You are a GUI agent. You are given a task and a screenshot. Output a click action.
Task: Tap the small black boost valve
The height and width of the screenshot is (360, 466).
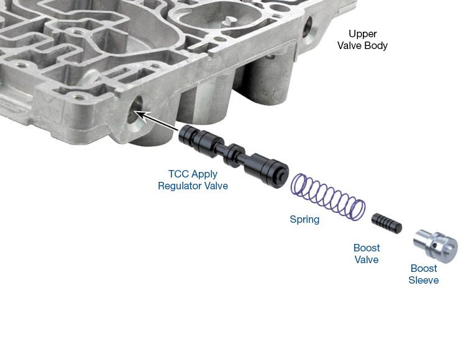pyautogui.click(x=386, y=223)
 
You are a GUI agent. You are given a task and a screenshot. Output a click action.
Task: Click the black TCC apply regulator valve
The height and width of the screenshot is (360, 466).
pyautogui.click(x=234, y=156)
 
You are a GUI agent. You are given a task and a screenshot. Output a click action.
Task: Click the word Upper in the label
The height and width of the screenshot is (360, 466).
pyautogui.click(x=363, y=34)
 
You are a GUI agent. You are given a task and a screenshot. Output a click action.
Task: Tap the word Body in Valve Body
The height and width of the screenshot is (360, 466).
pyautogui.click(x=377, y=45)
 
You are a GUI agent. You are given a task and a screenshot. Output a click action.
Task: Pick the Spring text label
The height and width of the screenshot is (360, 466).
pyautogui.click(x=304, y=219)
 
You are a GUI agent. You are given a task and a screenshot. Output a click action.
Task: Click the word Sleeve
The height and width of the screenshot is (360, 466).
pyautogui.click(x=424, y=280)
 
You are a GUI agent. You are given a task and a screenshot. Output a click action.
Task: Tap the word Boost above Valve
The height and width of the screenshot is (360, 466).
pyautogui.click(x=367, y=248)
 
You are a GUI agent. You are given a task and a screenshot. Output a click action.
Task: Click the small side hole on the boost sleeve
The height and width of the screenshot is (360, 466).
pyautogui.click(x=434, y=245)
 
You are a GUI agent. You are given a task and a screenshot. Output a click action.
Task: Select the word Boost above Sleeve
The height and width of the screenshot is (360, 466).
pyautogui.click(x=424, y=268)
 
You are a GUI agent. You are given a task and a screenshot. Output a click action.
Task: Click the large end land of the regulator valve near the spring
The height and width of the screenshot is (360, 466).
pyautogui.click(x=267, y=171)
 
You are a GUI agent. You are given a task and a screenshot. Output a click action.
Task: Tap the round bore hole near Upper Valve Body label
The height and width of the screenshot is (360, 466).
pyautogui.click(x=308, y=27)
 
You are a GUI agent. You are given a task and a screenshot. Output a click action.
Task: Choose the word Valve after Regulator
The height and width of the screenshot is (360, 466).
pyautogui.click(x=216, y=186)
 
